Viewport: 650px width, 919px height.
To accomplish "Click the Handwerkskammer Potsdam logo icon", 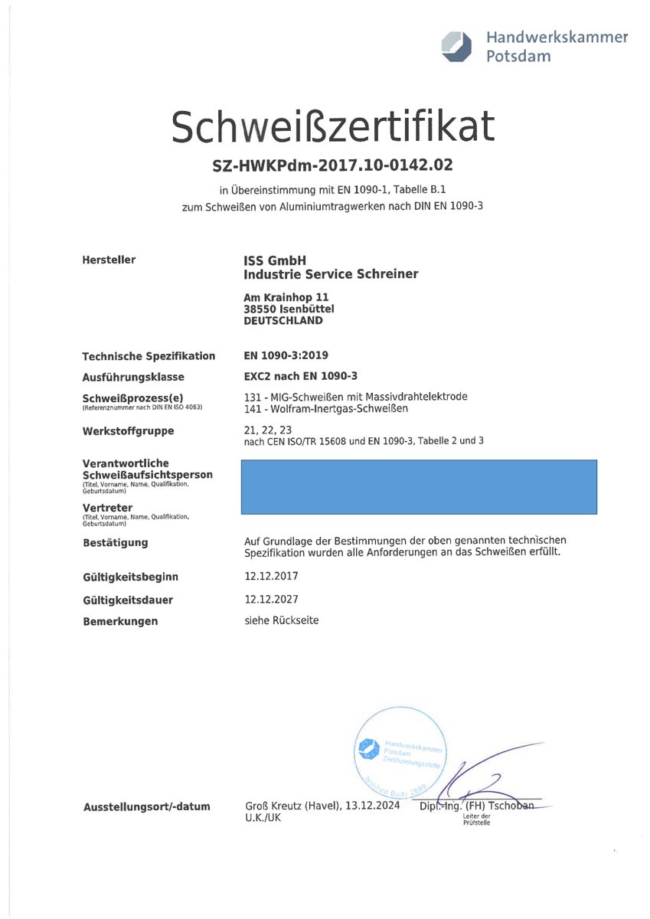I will coord(457,47).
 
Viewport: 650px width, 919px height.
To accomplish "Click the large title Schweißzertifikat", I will coord(332,126).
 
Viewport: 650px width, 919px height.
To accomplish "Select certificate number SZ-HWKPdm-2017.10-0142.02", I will coord(332,165).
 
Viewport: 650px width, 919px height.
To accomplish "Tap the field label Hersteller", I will coord(109,260).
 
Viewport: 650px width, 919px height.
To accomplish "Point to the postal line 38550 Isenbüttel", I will coord(289,309).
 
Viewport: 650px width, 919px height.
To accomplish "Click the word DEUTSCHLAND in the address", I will coord(283,321).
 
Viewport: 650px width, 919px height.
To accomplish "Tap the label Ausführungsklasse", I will coord(133,377).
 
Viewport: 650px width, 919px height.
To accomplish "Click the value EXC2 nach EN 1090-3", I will coord(300,376).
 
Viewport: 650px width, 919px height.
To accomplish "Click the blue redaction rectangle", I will coord(419,487).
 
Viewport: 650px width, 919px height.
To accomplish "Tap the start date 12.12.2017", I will coord(271,576).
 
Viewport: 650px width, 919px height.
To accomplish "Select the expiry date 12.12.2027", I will coord(271,600).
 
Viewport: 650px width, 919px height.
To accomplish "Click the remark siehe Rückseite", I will coord(281,620).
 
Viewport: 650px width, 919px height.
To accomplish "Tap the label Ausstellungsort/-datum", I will coord(146,807).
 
